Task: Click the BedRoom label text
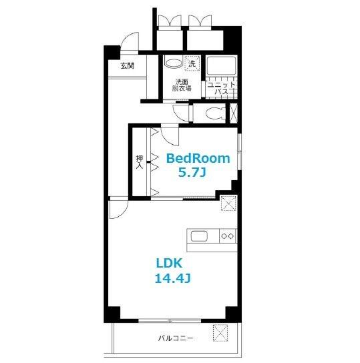[x=198, y=159]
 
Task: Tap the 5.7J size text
[x=192, y=172]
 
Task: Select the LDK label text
[x=170, y=263]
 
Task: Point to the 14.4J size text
[x=172, y=278]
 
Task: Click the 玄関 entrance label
[x=127, y=66]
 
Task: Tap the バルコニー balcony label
[x=176, y=338]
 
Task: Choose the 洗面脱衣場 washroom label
[x=182, y=85]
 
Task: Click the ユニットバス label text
[x=221, y=88]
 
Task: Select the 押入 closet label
[x=140, y=161]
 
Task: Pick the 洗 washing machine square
[x=192, y=63]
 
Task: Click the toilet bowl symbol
[x=215, y=113]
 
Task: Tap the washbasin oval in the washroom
[x=174, y=63]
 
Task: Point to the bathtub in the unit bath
[x=221, y=65]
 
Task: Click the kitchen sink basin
[x=199, y=236]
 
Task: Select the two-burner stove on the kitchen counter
[x=228, y=236]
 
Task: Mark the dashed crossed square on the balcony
[x=220, y=333]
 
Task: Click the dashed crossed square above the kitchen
[x=228, y=204]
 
